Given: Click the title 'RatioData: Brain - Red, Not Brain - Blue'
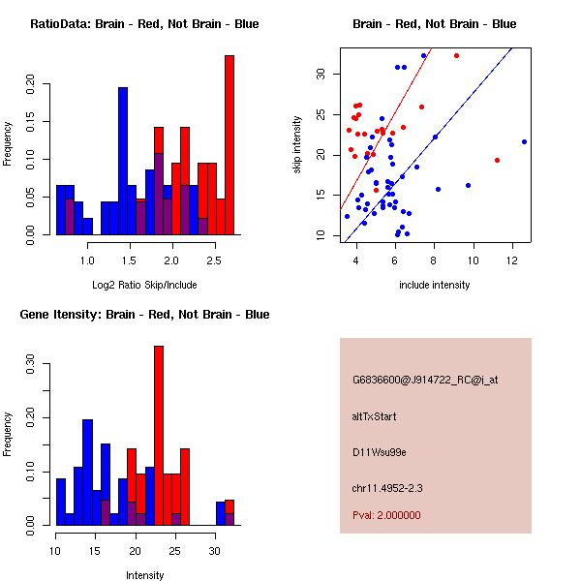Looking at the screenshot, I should pyautogui.click(x=143, y=24).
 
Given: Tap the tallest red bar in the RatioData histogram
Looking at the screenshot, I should pyautogui.click(x=229, y=145).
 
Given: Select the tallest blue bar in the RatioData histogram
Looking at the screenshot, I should pyautogui.click(x=123, y=160).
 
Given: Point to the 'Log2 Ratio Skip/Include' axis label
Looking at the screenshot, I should pyautogui.click(x=143, y=285).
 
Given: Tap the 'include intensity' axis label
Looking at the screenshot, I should pyautogui.click(x=435, y=285).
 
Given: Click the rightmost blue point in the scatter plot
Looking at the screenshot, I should pyautogui.click(x=524, y=141).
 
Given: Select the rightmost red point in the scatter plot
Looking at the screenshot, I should pyautogui.click(x=497, y=160).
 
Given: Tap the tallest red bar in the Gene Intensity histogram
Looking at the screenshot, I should pyautogui.click(x=159, y=436).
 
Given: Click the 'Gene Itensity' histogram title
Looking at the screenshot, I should pyautogui.click(x=143, y=315).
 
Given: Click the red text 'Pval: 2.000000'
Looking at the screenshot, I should pyautogui.click(x=386, y=515).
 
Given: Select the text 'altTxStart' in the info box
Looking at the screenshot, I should pyautogui.click(x=374, y=416).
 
